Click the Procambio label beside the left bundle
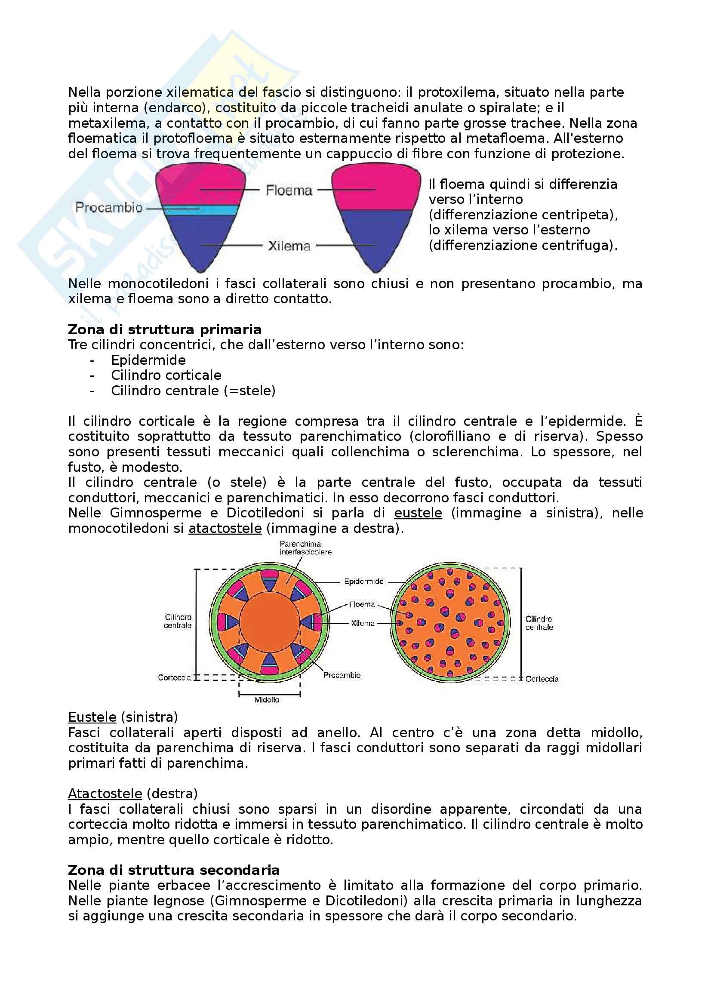(109, 207)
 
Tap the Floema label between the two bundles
(289, 190)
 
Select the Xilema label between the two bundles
(289, 246)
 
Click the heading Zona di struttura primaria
(165, 329)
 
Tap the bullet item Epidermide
(148, 360)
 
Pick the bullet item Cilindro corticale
(166, 375)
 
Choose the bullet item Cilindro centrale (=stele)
(193, 391)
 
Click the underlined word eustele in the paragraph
(418, 513)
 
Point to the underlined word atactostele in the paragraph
(225, 529)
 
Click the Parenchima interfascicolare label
(305, 548)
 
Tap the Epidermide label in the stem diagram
(363, 581)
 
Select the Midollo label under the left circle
(267, 700)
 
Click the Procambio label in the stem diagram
(342, 675)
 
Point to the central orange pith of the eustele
(269, 622)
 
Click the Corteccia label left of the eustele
(174, 678)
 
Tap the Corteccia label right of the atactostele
(542, 679)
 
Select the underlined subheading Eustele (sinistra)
(123, 717)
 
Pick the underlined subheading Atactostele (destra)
(133, 794)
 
